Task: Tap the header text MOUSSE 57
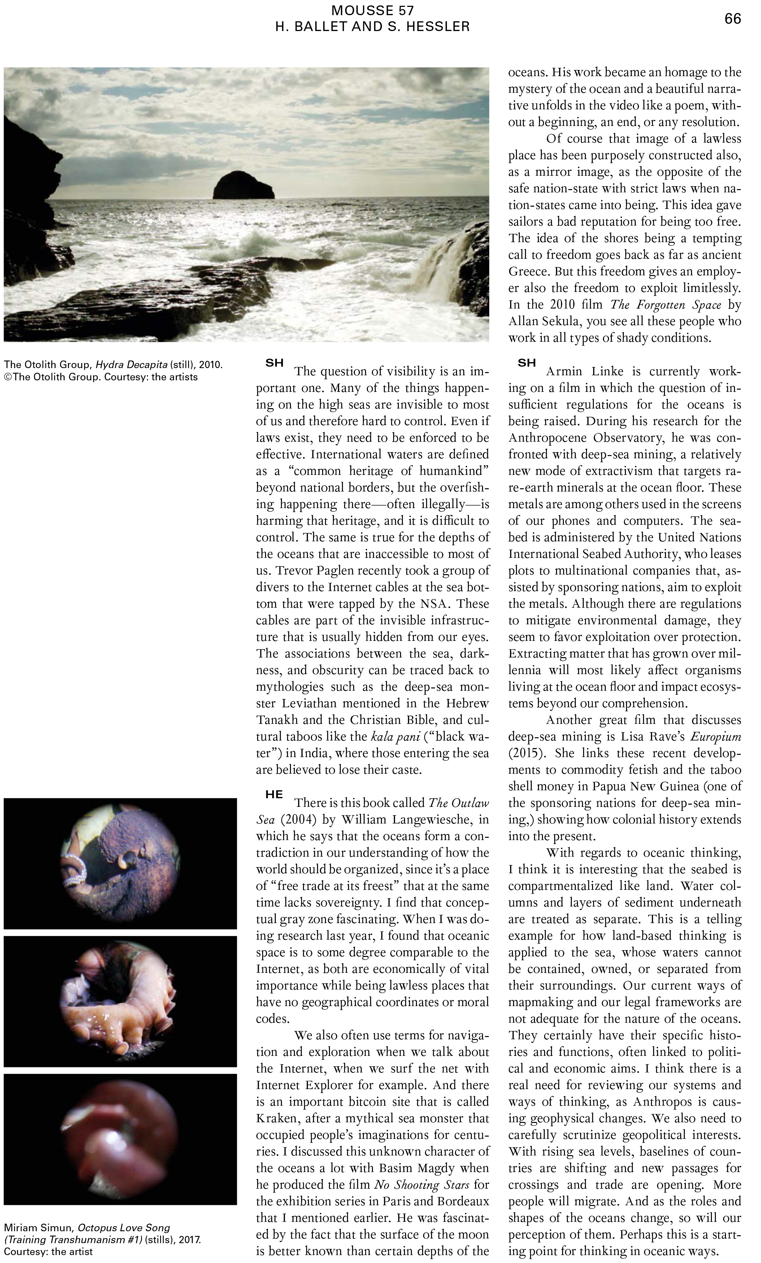(372, 10)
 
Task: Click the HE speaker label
(274, 795)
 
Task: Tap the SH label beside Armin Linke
(527, 363)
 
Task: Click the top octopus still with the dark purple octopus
(121, 864)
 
